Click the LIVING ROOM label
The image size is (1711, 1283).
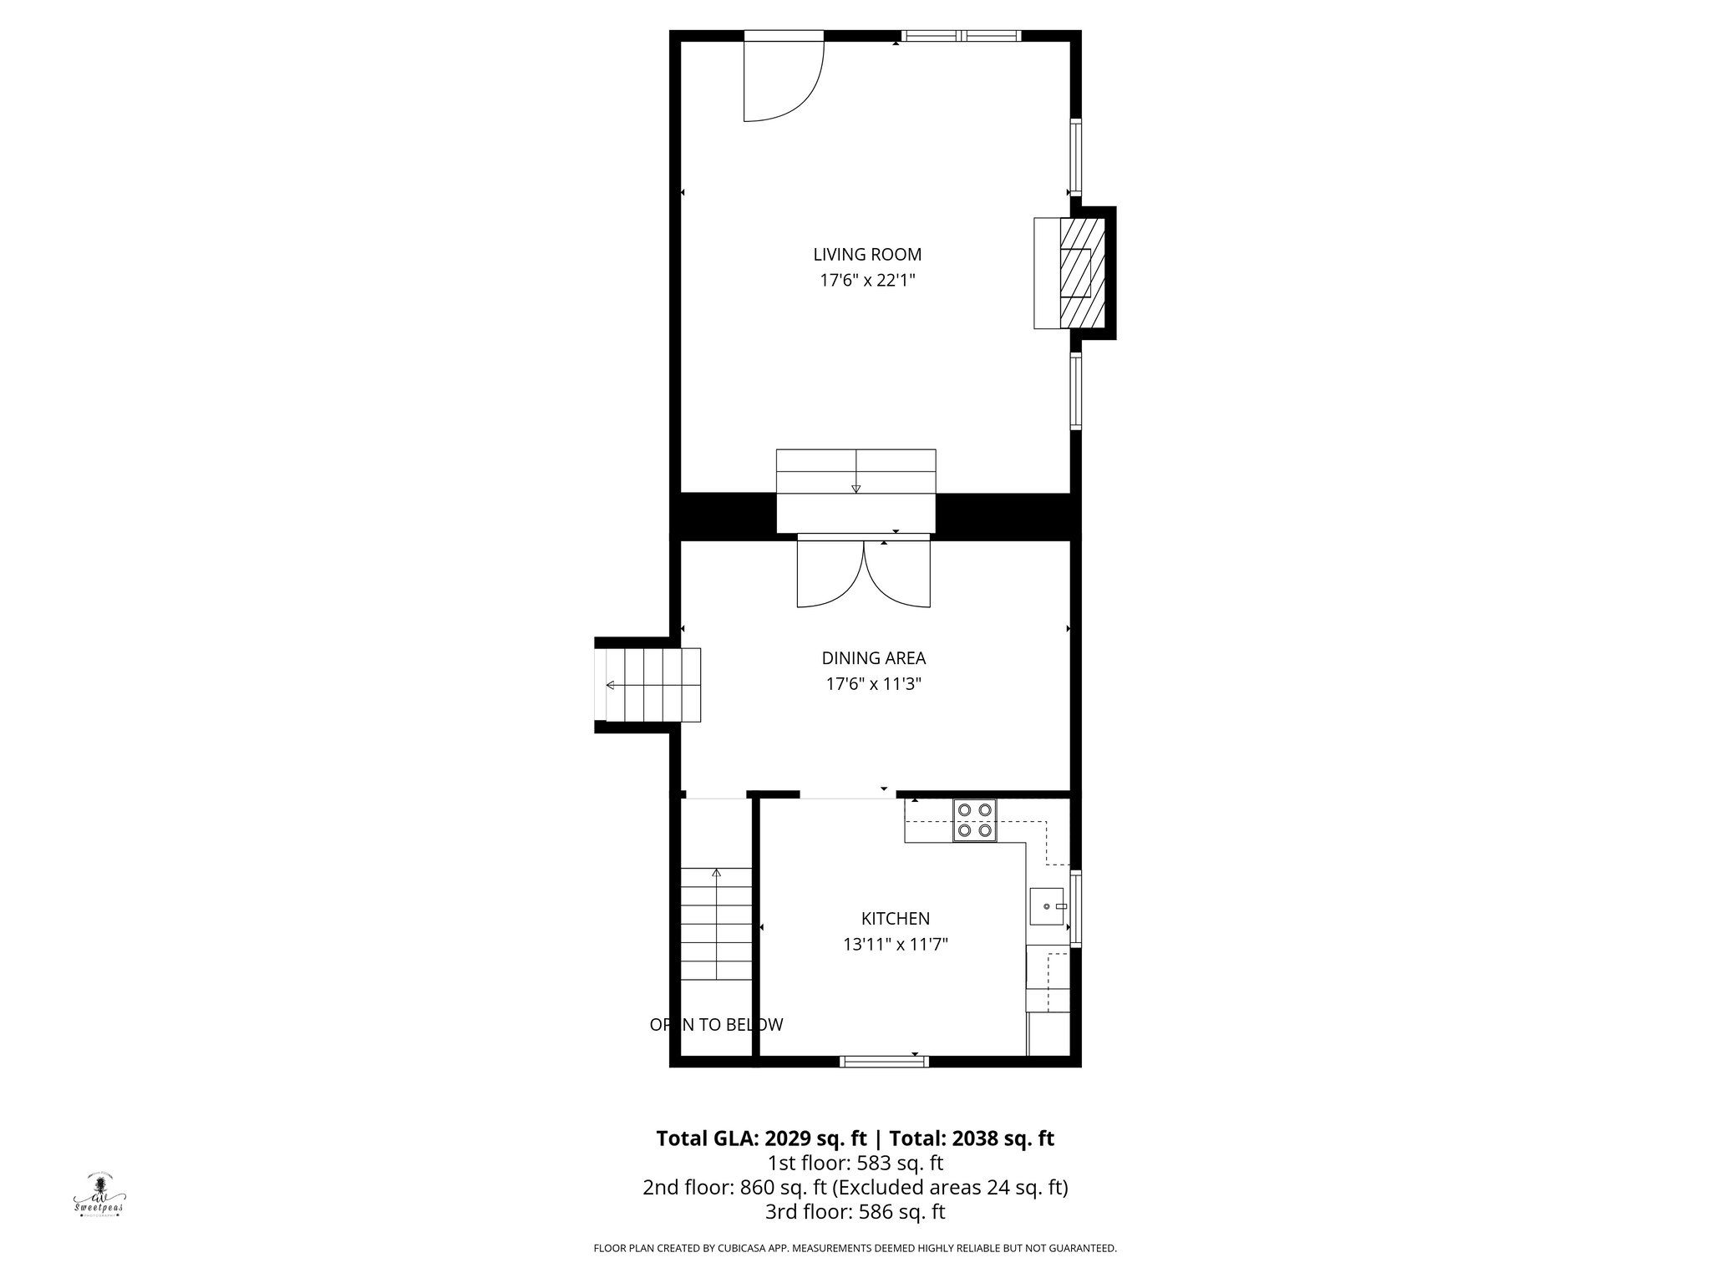pos(867,255)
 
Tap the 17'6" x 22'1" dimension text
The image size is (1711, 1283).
pos(867,281)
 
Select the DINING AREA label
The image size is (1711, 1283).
pos(873,658)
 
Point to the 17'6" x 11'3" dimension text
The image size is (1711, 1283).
pos(873,684)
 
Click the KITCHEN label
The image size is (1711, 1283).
pos(895,919)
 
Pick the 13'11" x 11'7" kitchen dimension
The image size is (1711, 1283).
pos(895,945)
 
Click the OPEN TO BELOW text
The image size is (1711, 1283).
pos(716,1025)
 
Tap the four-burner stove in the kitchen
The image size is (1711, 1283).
pos(975,819)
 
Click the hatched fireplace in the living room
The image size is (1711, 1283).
pos(1083,273)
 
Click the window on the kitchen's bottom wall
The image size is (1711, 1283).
pos(884,1062)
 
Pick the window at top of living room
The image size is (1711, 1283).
pos(962,36)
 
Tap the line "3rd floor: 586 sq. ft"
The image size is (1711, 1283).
pos(855,1212)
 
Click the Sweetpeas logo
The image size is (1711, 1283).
pos(99,1196)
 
